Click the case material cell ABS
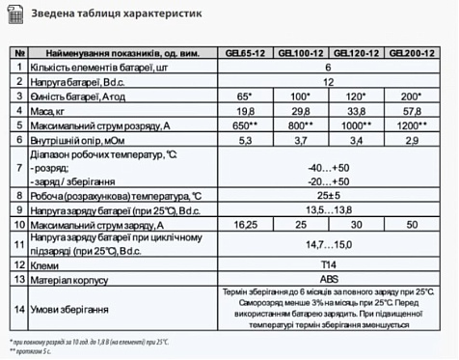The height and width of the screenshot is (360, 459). coord(329,278)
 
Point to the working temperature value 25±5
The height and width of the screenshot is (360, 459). coord(329,193)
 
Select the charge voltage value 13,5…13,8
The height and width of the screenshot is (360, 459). coord(329,208)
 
